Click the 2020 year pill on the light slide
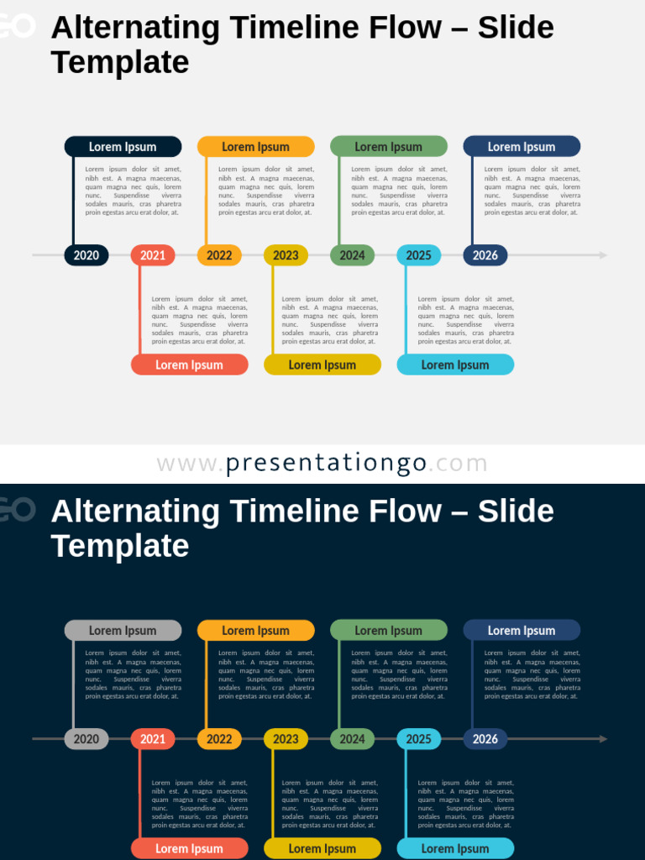tap(87, 255)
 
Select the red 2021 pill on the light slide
tap(153, 255)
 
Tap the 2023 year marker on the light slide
tap(286, 255)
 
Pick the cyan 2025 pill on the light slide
tap(418, 255)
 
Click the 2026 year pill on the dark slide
tap(485, 739)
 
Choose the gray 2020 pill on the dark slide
tap(87, 739)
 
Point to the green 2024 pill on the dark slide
tap(352, 739)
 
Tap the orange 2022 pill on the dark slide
tap(219, 739)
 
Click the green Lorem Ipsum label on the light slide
tap(389, 147)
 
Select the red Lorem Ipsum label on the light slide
tap(190, 364)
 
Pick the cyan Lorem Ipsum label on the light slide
tap(455, 364)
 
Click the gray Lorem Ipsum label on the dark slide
tap(123, 631)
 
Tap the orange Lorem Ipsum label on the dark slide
tap(256, 631)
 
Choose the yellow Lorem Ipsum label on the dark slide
tap(322, 848)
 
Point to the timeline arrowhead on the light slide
tap(603, 255)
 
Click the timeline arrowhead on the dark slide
tap(603, 739)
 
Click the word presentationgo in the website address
tap(326, 464)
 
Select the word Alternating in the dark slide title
tap(134, 511)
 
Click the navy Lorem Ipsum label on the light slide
tap(522, 147)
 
